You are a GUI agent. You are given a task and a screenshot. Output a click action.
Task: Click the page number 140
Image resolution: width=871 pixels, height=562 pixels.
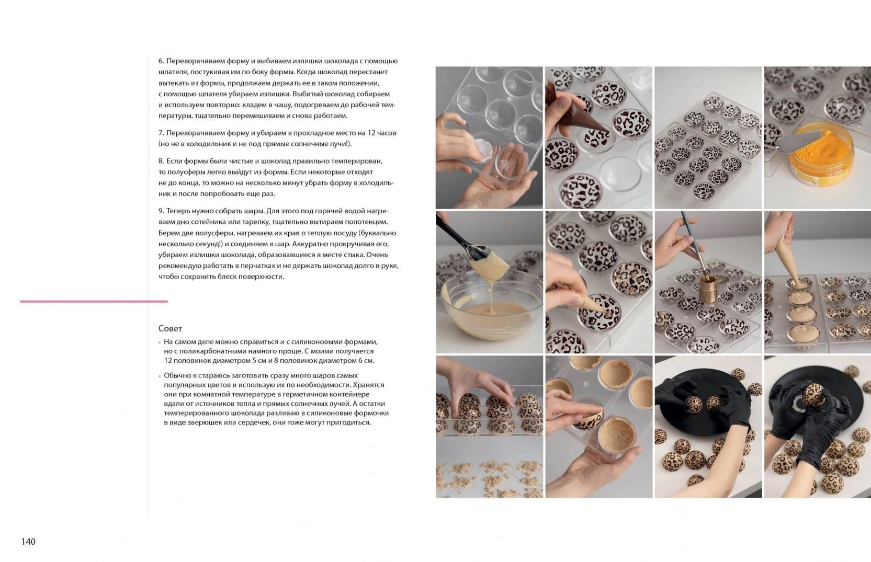point(28,542)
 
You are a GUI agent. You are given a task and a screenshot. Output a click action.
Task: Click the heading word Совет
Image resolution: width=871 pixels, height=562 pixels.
point(170,328)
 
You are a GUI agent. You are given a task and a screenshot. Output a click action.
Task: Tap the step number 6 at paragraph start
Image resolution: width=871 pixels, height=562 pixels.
point(161,61)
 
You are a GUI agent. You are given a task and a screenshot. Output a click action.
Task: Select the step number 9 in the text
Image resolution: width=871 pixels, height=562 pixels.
point(161,211)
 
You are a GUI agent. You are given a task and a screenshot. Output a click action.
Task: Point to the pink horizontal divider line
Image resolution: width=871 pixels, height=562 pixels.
point(94,301)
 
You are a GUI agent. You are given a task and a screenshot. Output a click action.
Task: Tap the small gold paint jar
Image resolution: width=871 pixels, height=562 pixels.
point(708,288)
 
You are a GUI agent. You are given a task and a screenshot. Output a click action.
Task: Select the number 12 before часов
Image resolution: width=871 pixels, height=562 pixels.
point(371,133)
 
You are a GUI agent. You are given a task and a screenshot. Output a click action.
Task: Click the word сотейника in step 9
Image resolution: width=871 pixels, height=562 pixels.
point(210,222)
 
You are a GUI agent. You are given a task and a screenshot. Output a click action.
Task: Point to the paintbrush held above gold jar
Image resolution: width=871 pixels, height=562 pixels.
point(695,244)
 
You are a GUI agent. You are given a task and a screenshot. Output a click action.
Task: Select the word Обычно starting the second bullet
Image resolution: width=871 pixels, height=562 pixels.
point(176,375)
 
